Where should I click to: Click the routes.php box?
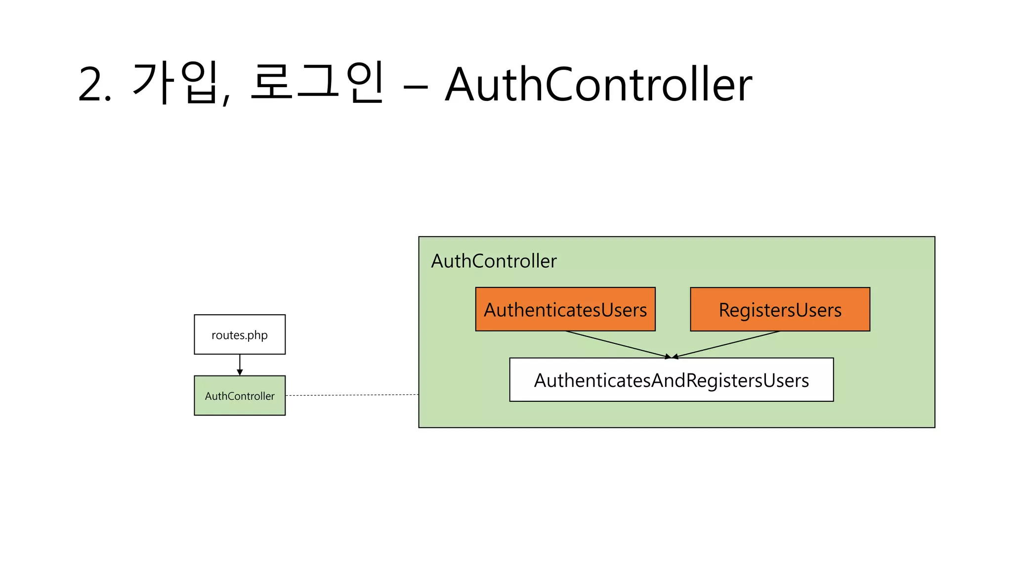[240, 334]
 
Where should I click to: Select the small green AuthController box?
[240, 395]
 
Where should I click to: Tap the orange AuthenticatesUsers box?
[565, 309]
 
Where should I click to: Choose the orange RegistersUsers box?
[780, 309]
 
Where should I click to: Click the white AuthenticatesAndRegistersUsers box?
[671, 380]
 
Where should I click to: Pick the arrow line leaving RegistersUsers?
[726, 344]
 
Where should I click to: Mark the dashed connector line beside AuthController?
[352, 395]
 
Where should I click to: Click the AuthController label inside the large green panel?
[494, 261]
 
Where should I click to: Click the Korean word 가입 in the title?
[175, 83]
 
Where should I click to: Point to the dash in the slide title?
[415, 88]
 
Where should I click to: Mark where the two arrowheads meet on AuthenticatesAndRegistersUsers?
[672, 357]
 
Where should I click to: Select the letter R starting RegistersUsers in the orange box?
[724, 310]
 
